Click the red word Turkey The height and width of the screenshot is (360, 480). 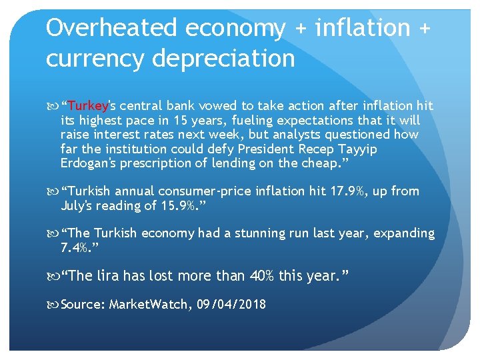(x=87, y=106)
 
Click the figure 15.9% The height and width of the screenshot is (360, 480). (x=181, y=205)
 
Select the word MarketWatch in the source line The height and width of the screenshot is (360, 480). (x=149, y=305)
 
